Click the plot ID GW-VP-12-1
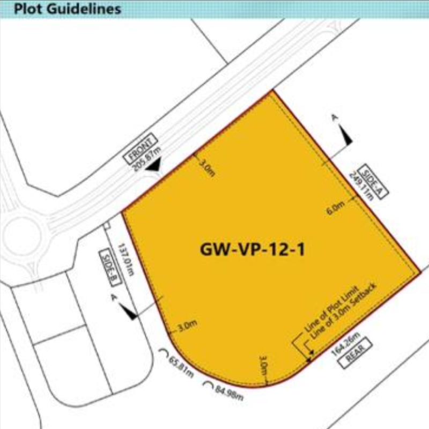point(252,249)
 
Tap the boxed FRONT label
point(140,149)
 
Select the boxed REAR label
point(355,356)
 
